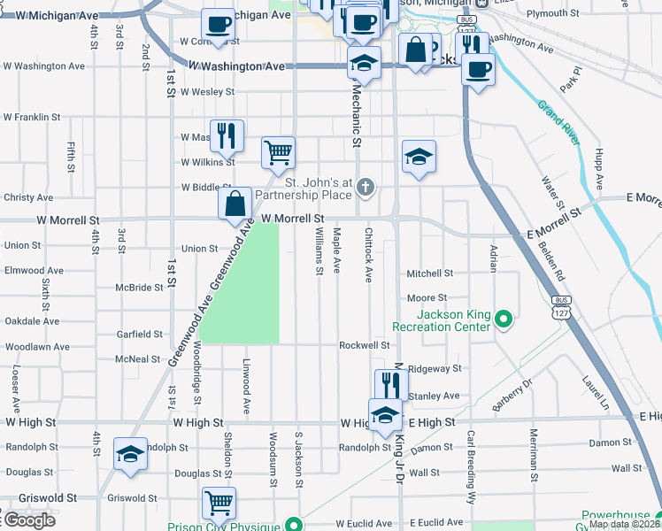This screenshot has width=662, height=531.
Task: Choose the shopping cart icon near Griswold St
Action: click(219, 502)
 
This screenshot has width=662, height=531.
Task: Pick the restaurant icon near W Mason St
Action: click(226, 135)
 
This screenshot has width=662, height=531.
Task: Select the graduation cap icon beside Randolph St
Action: click(130, 453)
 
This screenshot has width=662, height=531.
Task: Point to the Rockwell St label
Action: click(365, 345)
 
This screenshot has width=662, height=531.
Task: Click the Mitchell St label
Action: click(429, 274)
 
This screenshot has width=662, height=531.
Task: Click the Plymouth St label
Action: click(551, 13)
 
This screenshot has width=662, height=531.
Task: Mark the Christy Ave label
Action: click(29, 197)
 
